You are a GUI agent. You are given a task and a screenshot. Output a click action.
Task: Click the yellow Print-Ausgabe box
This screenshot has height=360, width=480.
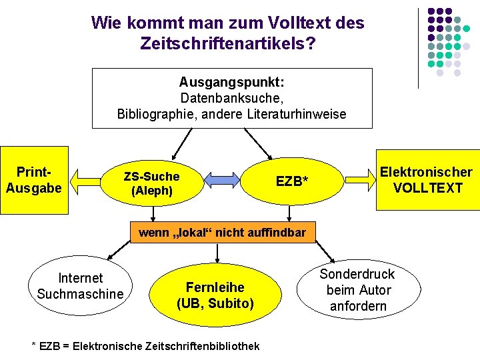(x=34, y=180)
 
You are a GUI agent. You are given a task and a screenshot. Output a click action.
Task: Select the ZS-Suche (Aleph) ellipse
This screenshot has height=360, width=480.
(x=151, y=183)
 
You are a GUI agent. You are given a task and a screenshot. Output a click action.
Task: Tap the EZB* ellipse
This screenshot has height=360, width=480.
(x=291, y=181)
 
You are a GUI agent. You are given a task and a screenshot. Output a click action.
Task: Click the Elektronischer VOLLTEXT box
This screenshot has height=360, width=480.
(x=427, y=180)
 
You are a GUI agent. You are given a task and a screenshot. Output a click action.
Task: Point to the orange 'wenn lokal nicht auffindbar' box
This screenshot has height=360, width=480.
(x=221, y=233)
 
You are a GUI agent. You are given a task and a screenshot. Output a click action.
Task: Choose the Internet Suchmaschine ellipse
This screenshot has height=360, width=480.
(x=81, y=286)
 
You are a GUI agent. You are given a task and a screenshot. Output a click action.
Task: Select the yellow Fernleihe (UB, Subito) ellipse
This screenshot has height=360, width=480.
(x=215, y=295)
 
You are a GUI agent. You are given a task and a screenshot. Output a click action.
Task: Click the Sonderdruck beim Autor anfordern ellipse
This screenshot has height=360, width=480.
(x=357, y=290)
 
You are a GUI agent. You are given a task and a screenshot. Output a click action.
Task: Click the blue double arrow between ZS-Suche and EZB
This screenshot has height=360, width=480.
(x=222, y=179)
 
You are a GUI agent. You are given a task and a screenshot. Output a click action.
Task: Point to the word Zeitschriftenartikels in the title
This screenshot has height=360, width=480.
(x=224, y=44)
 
